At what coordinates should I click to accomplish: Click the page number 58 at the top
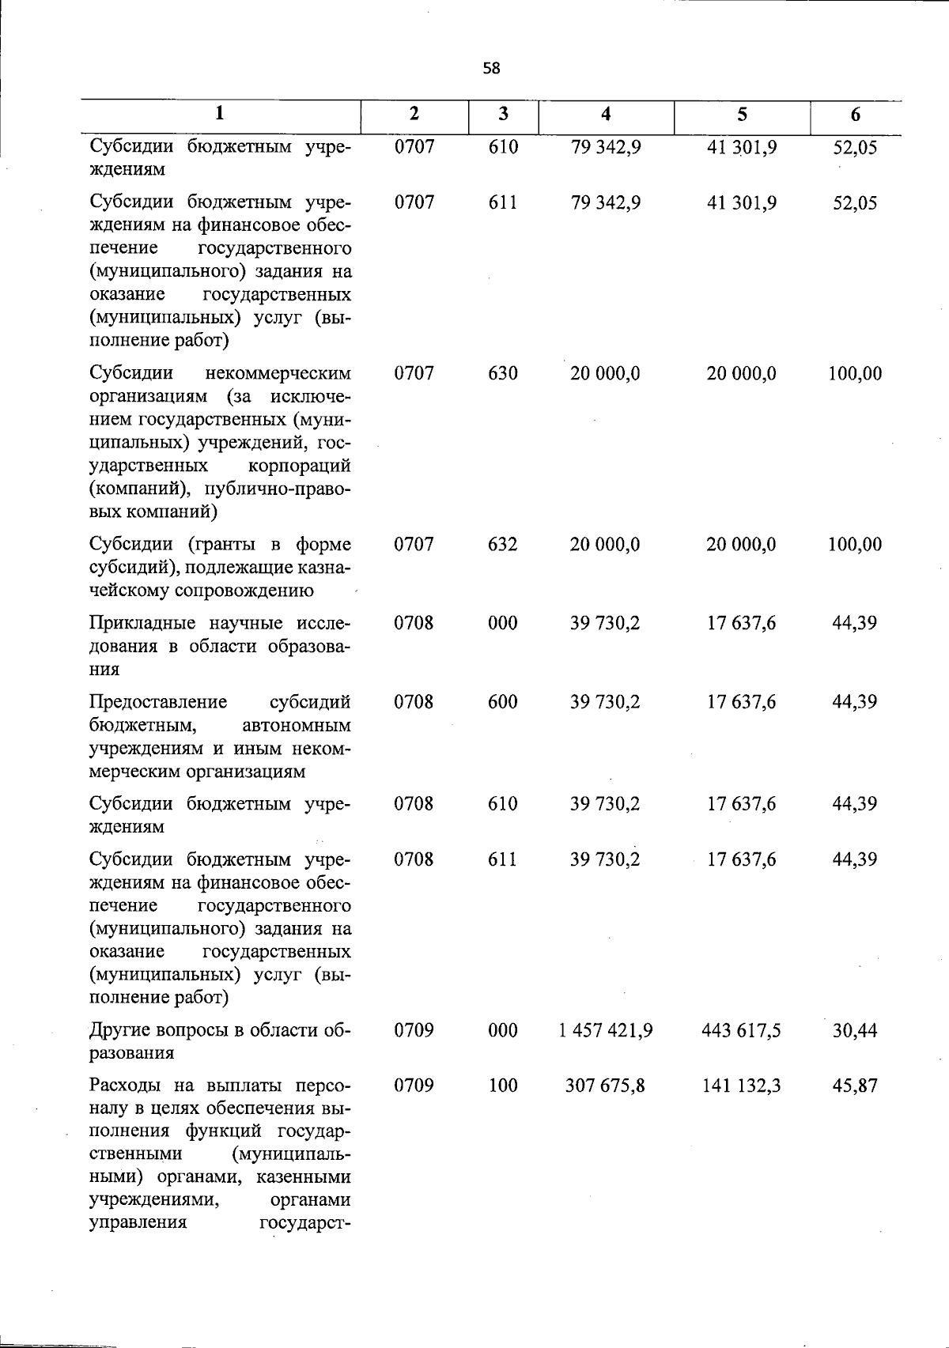(x=491, y=69)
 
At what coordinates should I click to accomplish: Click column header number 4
(x=606, y=114)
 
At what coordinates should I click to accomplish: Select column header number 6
(x=856, y=115)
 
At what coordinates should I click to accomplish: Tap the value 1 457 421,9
(x=605, y=1030)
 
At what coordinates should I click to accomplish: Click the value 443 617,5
(x=741, y=1030)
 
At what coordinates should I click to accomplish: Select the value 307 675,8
(x=605, y=1086)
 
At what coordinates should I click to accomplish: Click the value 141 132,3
(x=741, y=1086)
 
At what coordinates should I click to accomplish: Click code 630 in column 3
(x=503, y=373)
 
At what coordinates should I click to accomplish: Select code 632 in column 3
(x=503, y=544)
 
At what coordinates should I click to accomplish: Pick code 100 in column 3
(x=503, y=1086)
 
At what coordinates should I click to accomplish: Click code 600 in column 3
(x=503, y=701)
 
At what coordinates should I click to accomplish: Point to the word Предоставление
(x=157, y=702)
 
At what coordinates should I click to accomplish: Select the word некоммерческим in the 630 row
(x=278, y=372)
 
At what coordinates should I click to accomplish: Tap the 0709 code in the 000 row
(x=414, y=1030)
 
